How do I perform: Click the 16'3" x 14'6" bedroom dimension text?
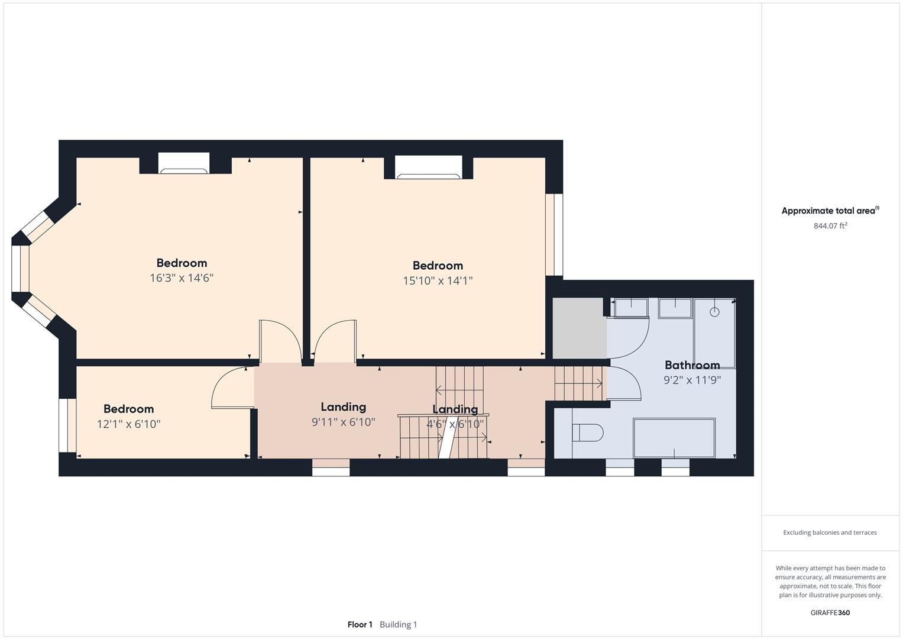click(x=182, y=278)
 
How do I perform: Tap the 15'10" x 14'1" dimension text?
click(x=438, y=280)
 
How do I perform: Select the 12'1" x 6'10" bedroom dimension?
click(x=128, y=424)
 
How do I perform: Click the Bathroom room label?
click(x=692, y=365)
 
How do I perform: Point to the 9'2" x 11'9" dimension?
click(x=692, y=380)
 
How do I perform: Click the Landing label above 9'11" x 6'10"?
click(x=343, y=406)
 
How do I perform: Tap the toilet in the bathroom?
click(x=587, y=433)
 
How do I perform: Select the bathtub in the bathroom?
click(x=674, y=438)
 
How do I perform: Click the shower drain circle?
click(x=714, y=312)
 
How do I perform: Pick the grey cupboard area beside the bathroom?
click(x=579, y=328)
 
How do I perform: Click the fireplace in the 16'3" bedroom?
click(x=184, y=164)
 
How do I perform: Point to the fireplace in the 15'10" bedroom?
click(x=429, y=167)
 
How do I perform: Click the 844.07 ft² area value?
click(x=830, y=225)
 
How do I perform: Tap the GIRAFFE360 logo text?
click(x=830, y=612)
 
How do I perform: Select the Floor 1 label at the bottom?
click(x=360, y=624)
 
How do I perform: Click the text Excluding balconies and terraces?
click(x=830, y=532)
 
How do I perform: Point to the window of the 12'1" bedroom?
click(x=67, y=425)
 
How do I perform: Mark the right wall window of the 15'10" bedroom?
click(x=554, y=235)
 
